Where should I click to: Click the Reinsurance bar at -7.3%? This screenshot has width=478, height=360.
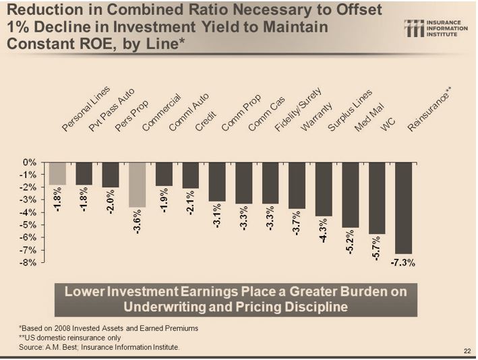(x=403, y=208)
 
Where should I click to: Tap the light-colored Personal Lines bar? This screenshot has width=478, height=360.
(x=57, y=173)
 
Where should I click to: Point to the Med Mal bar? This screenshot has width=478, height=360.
(x=350, y=195)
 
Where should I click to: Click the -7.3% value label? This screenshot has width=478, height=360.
(x=403, y=262)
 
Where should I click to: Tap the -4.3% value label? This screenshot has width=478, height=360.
(x=324, y=231)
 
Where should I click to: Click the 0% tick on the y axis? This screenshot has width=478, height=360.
(x=29, y=162)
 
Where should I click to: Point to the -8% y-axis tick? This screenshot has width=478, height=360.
(x=28, y=262)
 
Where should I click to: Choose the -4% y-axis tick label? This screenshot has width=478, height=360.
(x=28, y=212)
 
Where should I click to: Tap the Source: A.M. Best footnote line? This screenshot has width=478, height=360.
(x=99, y=347)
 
